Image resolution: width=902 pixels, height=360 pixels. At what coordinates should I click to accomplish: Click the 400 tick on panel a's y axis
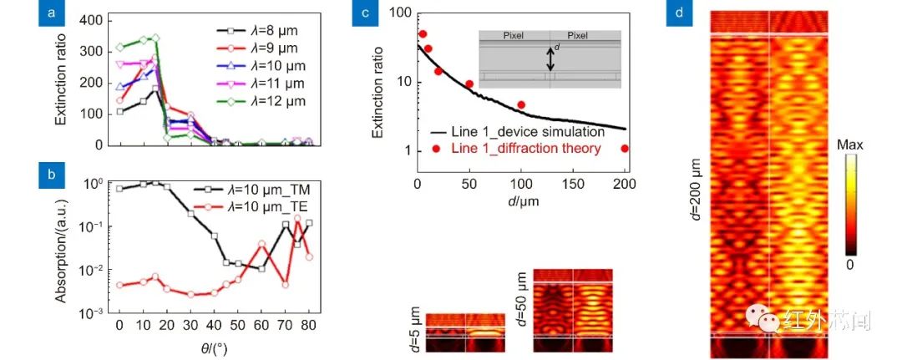pos(94,19)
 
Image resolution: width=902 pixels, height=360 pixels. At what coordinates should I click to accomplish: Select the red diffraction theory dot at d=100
pos(520,105)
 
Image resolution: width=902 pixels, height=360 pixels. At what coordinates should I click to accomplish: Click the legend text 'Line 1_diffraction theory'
pos(529,149)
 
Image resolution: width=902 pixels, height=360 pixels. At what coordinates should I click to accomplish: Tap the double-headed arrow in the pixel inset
pos(550,58)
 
